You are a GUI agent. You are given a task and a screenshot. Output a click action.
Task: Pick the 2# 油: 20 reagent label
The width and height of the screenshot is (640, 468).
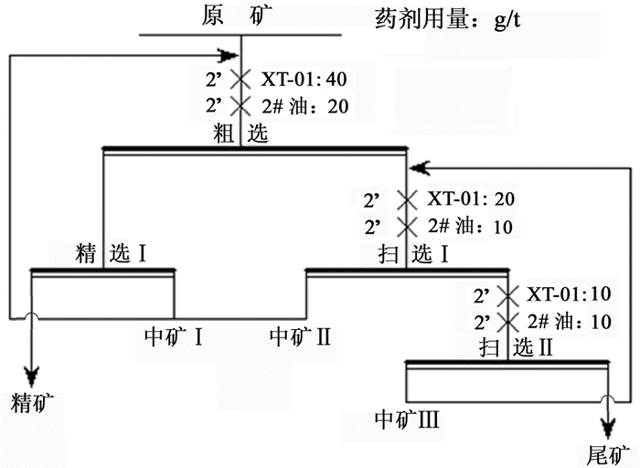[x=304, y=106]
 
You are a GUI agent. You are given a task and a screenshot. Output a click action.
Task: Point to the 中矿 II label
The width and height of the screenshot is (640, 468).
[x=300, y=335]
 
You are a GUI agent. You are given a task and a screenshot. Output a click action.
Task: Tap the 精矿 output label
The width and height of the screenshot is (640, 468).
[x=34, y=403]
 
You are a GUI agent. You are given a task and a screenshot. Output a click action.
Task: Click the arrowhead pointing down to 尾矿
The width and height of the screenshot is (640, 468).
[x=607, y=426]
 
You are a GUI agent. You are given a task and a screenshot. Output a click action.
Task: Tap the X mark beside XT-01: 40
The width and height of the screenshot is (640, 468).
[x=240, y=80]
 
